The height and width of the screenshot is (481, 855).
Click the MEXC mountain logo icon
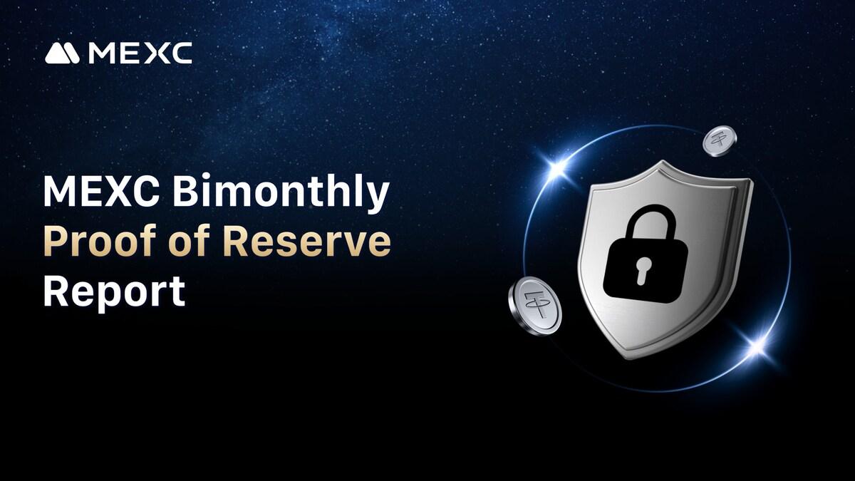click(x=62, y=53)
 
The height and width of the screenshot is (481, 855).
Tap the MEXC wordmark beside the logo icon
click(x=140, y=53)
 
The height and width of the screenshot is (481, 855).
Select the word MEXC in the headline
click(x=101, y=190)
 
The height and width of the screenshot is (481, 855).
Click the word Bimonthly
click(x=281, y=193)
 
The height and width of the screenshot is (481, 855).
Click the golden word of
click(x=190, y=241)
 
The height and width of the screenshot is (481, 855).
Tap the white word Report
click(x=115, y=292)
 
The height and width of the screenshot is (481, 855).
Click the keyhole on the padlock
click(x=643, y=270)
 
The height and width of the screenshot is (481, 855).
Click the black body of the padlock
click(x=645, y=270)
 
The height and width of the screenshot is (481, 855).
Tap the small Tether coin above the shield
click(x=720, y=141)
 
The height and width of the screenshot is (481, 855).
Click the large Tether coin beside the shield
click(x=535, y=306)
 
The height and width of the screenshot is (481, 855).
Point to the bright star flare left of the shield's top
click(x=558, y=167)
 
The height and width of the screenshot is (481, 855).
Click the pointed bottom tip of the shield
click(x=630, y=358)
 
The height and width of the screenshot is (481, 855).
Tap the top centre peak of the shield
click(x=663, y=162)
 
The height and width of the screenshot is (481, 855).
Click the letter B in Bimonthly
click(x=185, y=190)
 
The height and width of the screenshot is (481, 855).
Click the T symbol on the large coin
click(x=536, y=304)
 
